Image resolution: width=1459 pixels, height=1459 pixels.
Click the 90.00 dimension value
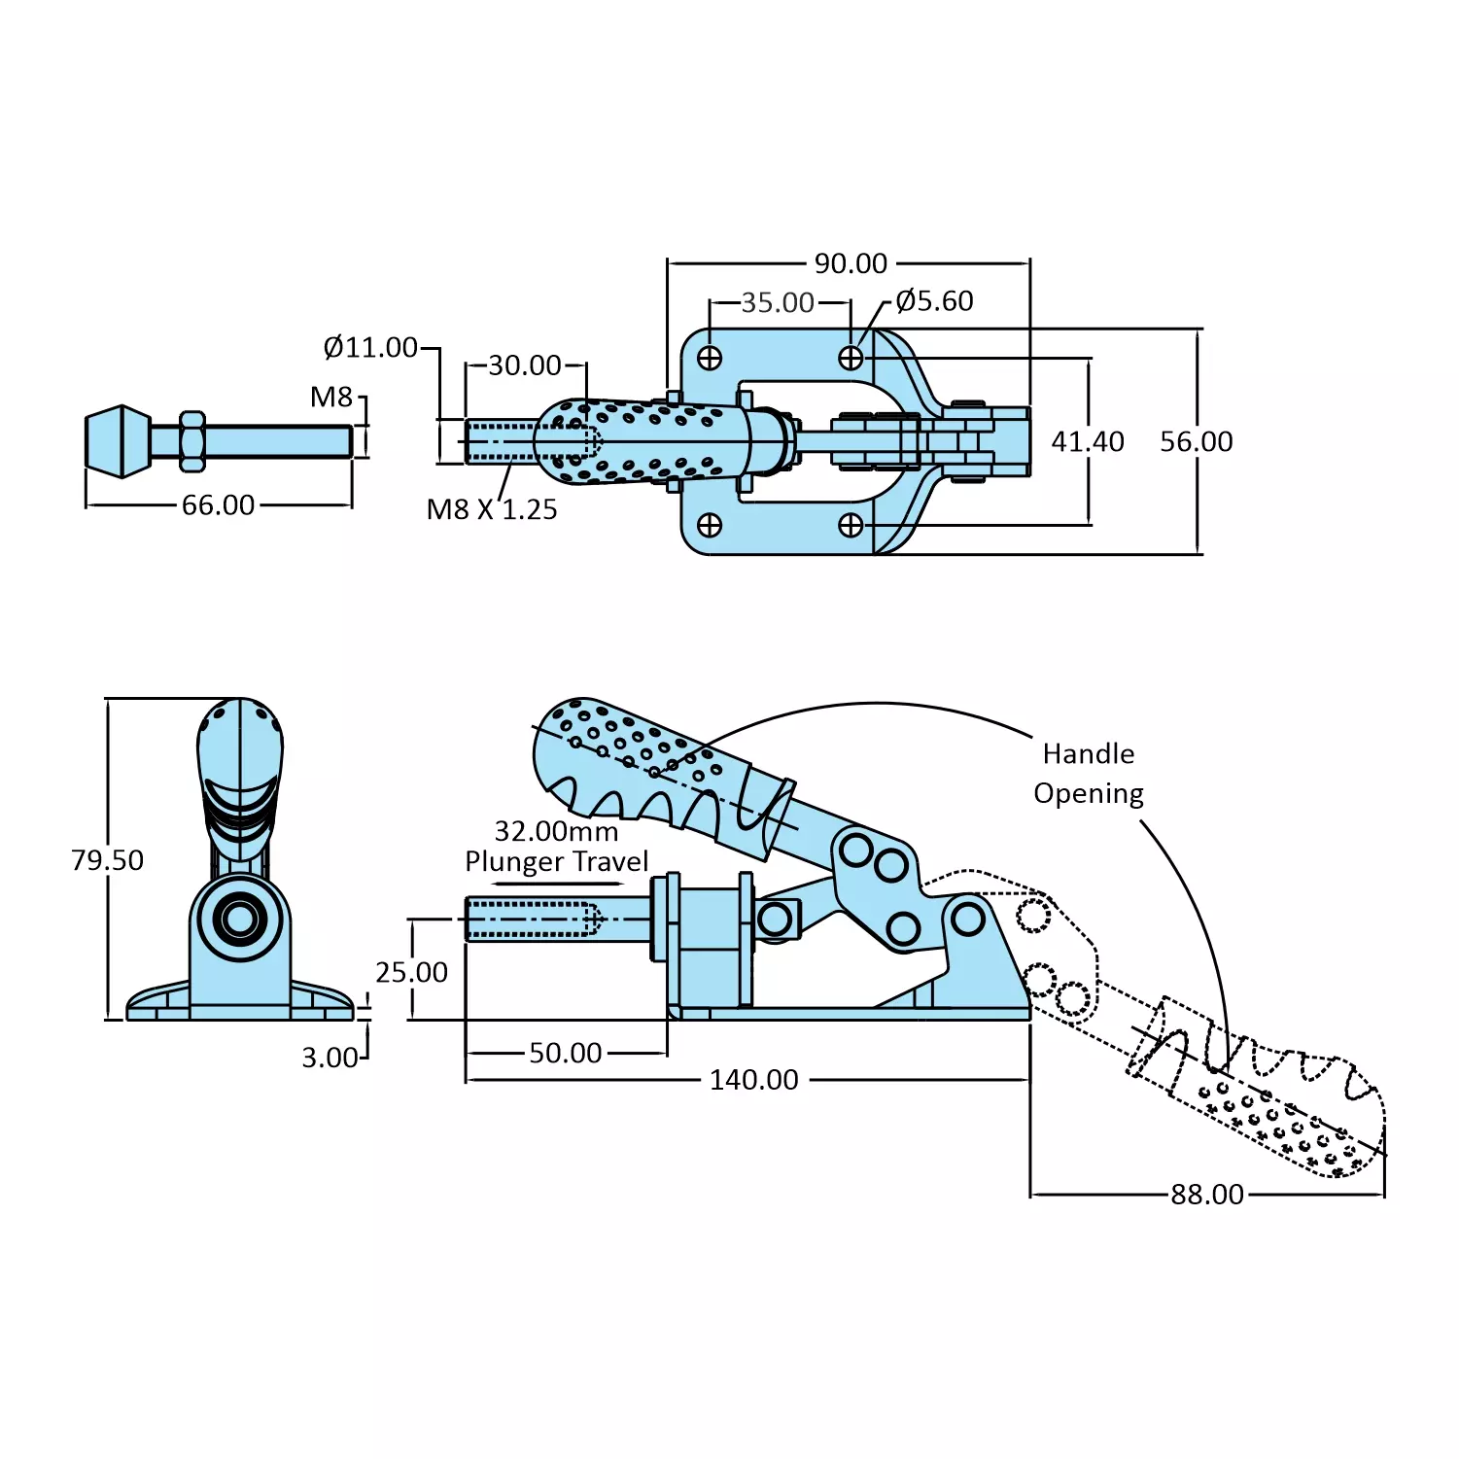point(851,263)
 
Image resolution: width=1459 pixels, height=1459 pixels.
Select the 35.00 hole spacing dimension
point(778,302)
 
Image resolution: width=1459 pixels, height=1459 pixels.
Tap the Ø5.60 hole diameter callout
point(934,301)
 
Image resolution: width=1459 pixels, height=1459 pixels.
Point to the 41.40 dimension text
point(1087,441)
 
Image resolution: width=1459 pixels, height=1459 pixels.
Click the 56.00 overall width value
point(1196,441)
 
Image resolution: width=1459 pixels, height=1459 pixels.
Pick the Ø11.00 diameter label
point(370,347)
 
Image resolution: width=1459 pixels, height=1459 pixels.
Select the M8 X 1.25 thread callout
point(492,509)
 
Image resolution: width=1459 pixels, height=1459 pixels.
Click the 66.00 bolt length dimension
point(218,505)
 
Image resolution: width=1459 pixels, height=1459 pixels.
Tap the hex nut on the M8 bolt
point(192,441)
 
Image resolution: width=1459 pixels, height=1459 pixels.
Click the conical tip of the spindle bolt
point(118,441)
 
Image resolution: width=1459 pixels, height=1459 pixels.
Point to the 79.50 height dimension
point(107,860)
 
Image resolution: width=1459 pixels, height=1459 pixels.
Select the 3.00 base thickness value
point(330,1058)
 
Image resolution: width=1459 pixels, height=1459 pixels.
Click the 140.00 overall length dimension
point(753,1080)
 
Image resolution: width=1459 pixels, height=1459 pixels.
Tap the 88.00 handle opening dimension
point(1206,1195)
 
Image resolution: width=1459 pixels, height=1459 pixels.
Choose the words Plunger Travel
point(556,862)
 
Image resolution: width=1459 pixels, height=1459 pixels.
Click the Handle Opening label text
point(1088,774)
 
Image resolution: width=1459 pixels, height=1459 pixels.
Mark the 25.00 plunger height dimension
point(411,972)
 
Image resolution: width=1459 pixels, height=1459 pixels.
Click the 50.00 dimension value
point(565,1053)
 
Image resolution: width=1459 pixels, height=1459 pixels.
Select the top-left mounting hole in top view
point(710,358)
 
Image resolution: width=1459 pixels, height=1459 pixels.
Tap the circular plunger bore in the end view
point(239,919)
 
